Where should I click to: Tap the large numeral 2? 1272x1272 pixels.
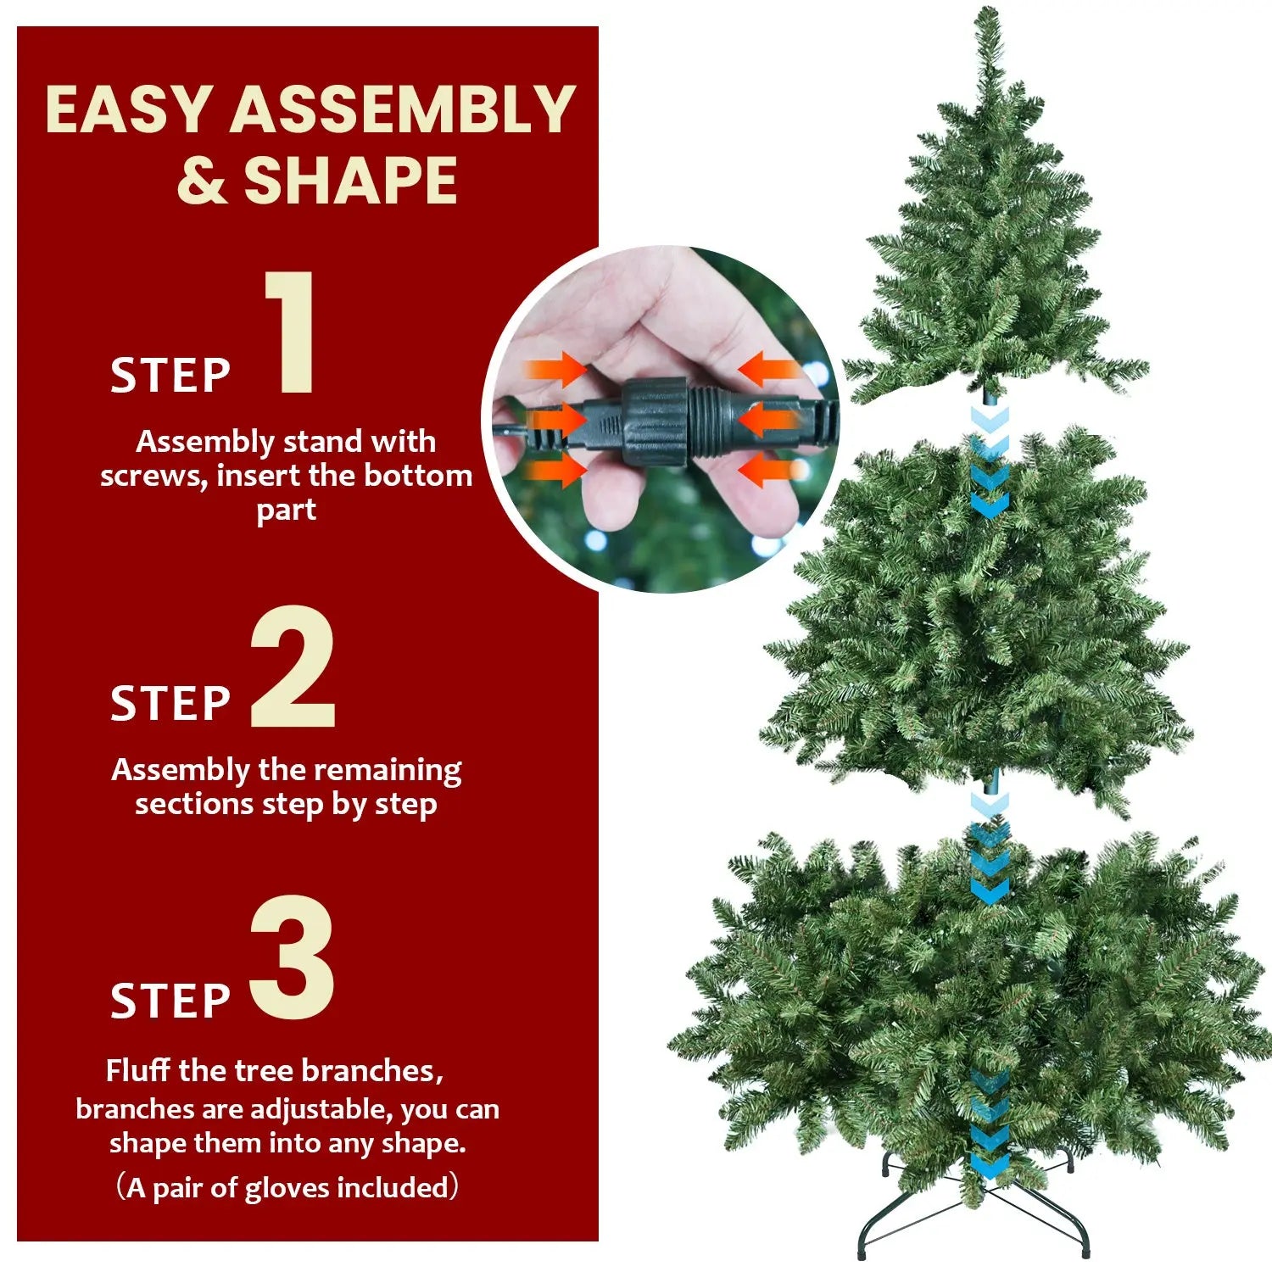click(x=293, y=668)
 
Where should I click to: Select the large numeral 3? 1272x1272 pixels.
click(x=293, y=958)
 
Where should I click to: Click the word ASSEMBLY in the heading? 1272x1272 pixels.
click(x=403, y=110)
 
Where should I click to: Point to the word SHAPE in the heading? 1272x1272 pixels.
click(x=350, y=181)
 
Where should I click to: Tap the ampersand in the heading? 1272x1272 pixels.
click(x=202, y=181)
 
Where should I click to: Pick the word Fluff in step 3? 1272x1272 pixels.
click(x=139, y=1071)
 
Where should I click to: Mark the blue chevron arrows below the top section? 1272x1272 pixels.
click(x=989, y=462)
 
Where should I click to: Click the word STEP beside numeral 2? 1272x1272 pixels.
click(x=170, y=704)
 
